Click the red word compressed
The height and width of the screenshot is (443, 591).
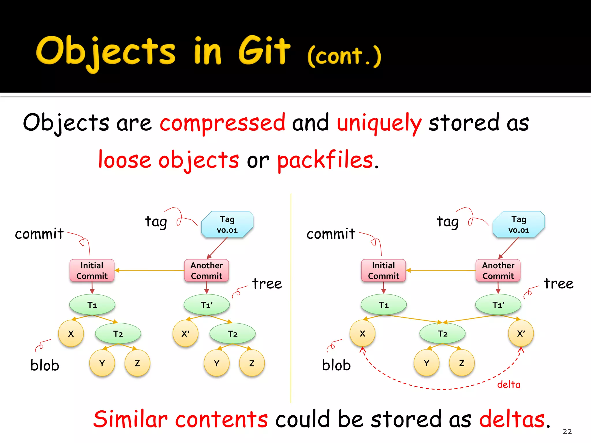[222, 123]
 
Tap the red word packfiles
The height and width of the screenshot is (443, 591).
[325, 160]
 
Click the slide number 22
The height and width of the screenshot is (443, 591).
[567, 431]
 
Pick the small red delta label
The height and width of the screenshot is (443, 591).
[508, 384]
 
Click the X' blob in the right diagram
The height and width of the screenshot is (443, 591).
[521, 333]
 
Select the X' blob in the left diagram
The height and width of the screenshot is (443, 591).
[185, 334]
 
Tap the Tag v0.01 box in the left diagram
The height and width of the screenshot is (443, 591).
[227, 224]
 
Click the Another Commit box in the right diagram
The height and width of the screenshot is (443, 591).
[498, 271]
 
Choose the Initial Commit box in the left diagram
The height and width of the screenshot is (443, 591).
[92, 271]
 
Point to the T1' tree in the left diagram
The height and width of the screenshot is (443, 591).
[207, 305]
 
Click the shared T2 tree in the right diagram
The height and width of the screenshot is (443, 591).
[442, 334]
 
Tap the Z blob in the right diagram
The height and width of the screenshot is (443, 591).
[462, 363]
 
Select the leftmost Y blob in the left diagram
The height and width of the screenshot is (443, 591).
[102, 363]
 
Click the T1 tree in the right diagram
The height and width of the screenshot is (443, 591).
[384, 305]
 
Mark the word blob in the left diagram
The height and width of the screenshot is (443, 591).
[45, 365]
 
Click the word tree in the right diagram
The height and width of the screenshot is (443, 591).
[558, 284]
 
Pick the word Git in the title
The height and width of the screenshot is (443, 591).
[264, 51]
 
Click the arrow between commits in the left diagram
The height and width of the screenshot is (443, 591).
[149, 270]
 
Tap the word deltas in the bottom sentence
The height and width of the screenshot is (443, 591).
[512, 419]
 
